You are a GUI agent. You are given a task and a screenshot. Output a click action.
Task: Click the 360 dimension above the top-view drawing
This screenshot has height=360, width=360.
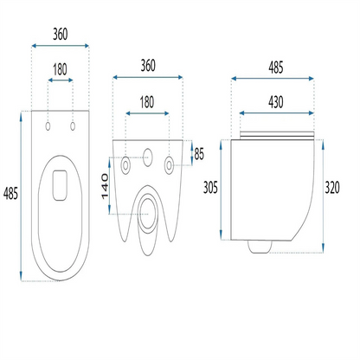click(x=61, y=34)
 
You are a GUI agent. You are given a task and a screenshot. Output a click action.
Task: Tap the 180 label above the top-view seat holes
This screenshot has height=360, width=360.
click(x=60, y=69)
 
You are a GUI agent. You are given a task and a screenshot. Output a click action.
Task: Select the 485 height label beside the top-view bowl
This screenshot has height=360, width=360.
click(x=10, y=193)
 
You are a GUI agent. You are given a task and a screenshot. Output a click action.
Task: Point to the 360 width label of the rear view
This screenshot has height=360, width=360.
click(x=148, y=66)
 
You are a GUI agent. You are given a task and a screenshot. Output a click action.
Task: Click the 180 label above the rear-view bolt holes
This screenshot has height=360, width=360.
click(x=147, y=102)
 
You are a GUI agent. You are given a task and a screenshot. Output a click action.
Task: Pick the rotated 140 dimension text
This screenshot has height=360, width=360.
click(x=105, y=186)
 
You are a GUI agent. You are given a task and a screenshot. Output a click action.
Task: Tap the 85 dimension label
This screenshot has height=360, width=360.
click(x=199, y=154)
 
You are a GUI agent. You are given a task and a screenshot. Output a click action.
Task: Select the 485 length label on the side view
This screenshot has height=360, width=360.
click(x=276, y=67)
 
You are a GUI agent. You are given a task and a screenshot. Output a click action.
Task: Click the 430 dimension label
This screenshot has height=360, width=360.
click(x=276, y=102)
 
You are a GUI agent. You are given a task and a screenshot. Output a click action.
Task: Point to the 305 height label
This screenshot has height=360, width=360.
click(x=210, y=188)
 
